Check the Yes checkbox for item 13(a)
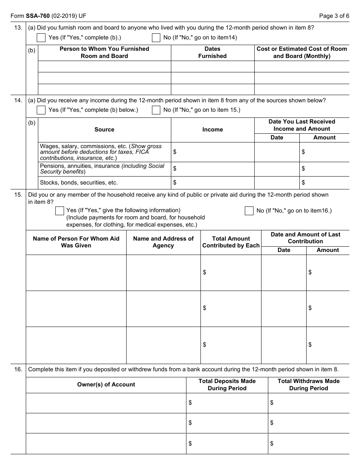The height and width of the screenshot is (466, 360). [41, 38]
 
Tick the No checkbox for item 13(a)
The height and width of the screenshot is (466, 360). [156, 38]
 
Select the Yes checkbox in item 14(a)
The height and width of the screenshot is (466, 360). [41, 110]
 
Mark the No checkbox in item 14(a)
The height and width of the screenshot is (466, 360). [156, 110]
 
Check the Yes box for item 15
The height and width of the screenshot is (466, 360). [59, 211]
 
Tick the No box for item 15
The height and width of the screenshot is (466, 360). [249, 211]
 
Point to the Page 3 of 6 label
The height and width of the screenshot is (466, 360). [334, 16]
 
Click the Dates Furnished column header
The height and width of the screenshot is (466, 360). [212, 53]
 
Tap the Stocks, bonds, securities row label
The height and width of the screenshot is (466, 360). [79, 183]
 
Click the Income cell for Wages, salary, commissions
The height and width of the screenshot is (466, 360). [212, 152]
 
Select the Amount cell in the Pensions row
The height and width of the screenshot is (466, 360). [324, 169]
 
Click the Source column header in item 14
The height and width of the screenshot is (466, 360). [104, 130]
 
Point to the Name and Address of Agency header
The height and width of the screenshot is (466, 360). [163, 242]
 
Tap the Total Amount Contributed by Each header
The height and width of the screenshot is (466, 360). [231, 242]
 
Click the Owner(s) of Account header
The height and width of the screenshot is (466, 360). [106, 385]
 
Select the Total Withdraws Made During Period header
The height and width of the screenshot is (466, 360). [308, 385]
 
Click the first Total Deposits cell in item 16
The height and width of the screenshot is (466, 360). [227, 403]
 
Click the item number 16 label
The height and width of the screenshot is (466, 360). [18, 369]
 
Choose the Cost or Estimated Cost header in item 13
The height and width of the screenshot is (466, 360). [302, 53]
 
